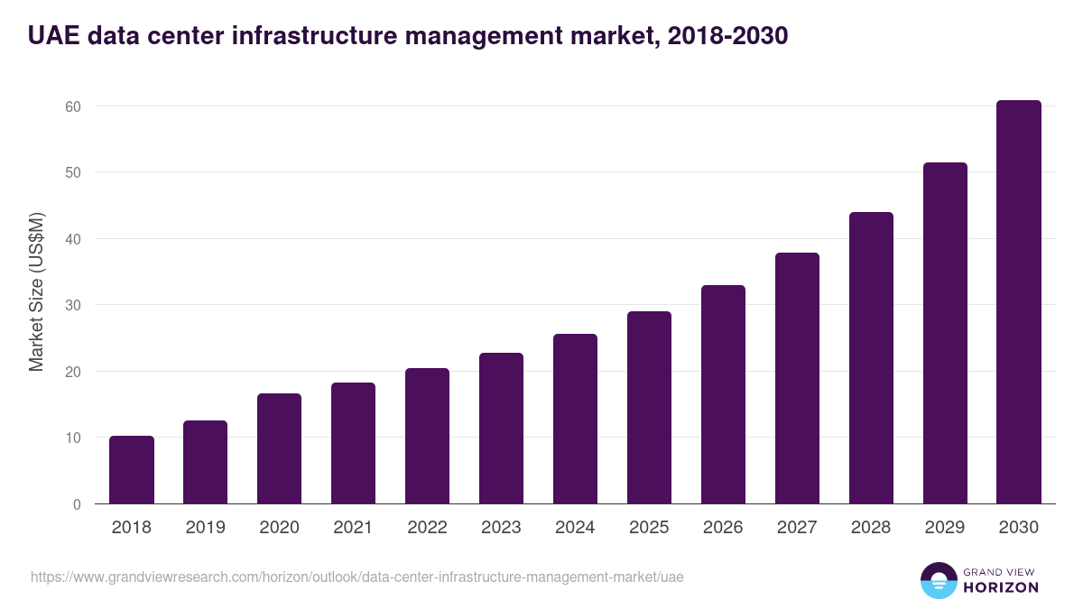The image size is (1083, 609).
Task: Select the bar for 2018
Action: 132,470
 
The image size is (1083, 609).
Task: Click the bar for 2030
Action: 1019,302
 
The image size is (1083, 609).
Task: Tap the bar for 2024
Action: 575,419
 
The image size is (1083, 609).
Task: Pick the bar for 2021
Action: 353,443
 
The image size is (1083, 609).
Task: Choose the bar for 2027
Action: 797,378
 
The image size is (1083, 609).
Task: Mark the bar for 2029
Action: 945,333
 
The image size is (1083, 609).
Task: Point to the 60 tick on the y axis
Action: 72,106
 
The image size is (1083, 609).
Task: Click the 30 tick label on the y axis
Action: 72,305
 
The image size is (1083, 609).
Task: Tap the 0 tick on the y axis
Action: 77,504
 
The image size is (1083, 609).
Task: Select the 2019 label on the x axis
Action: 206,528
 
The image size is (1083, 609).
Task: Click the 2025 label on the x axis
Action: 649,528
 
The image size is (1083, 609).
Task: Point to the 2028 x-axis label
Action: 871,528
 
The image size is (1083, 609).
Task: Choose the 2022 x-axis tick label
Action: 427,528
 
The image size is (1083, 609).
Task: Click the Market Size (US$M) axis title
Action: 36,292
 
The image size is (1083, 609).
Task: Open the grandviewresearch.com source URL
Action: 352,577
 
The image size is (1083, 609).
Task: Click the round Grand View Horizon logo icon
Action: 938,580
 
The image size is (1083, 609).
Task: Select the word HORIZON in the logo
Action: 1000,587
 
